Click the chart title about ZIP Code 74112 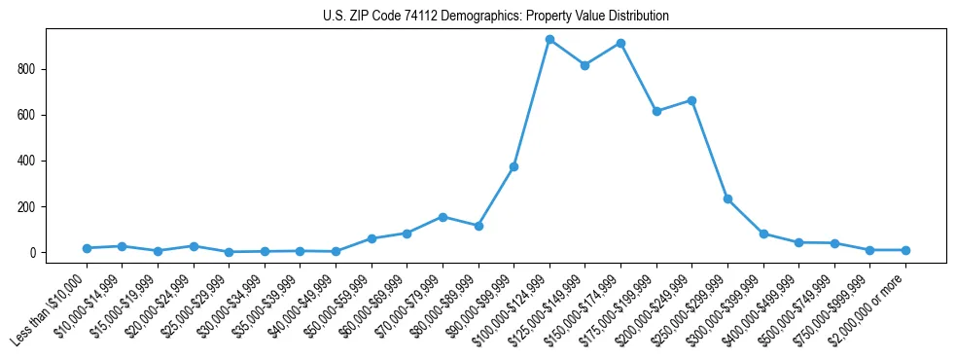point(495,17)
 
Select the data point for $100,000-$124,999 point(549,40)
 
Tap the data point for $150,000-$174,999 point(620,44)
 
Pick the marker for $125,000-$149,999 point(584,65)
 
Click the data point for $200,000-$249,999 point(691,100)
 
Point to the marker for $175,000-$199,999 point(656,111)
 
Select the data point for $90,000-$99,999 point(513,166)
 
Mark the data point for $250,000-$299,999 point(727,198)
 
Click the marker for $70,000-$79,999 point(443,217)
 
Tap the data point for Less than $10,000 point(87,248)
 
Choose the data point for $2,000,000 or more point(905,250)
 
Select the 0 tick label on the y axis point(32,253)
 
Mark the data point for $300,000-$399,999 point(763,234)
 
